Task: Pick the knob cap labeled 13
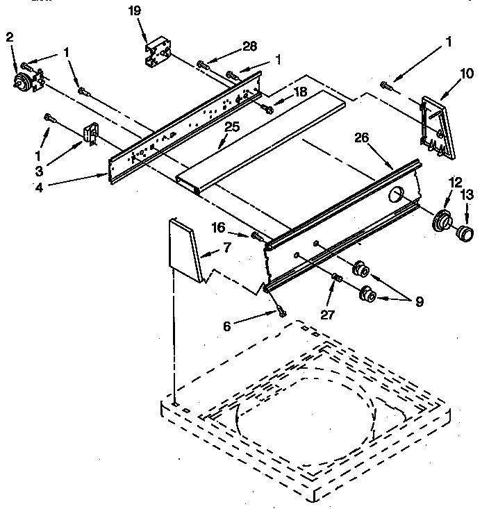[x=465, y=231]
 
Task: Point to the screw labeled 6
[x=281, y=312]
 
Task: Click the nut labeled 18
[x=267, y=107]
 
